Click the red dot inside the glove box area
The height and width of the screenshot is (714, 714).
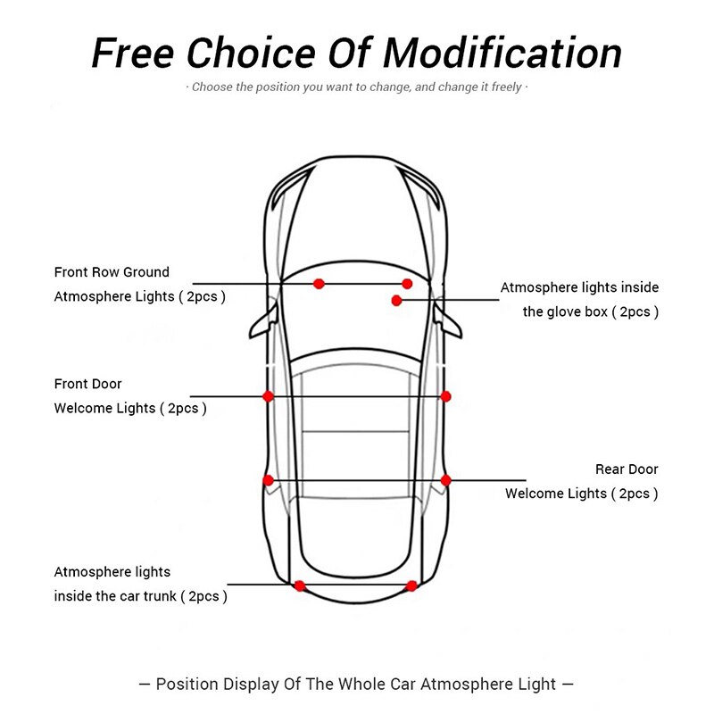click(396, 300)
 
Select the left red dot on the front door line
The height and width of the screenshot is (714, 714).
click(268, 396)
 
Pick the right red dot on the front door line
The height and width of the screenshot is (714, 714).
click(446, 396)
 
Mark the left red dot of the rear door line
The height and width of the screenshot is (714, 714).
click(268, 480)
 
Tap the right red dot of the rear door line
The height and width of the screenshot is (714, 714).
click(446, 480)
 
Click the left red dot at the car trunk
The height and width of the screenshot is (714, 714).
click(300, 585)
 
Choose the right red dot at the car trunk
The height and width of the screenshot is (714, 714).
click(411, 585)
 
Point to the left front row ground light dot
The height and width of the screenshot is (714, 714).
click(319, 284)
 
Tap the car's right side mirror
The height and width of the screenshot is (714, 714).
click(452, 321)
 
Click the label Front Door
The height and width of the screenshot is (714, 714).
click(87, 384)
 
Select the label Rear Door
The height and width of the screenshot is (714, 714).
click(627, 469)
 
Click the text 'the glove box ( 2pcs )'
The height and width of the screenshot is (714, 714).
click(590, 312)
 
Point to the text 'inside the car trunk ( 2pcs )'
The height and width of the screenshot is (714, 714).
click(140, 596)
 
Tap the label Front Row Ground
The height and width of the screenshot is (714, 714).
click(112, 272)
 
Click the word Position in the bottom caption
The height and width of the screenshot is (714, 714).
click(188, 685)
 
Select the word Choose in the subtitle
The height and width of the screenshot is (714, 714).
click(212, 87)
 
